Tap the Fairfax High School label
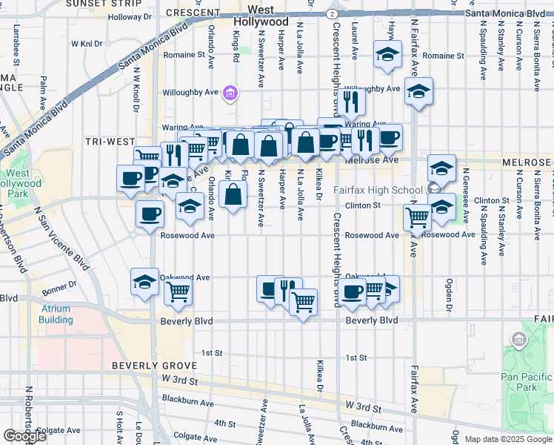coord(378,190)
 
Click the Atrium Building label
coord(56,315)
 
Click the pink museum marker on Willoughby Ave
coord(230,93)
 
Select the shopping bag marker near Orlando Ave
coord(233,196)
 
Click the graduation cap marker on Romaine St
coord(386,55)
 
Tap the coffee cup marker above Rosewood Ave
coord(150,214)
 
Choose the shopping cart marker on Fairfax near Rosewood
coord(417,217)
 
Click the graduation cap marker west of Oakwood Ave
coord(144,282)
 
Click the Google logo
coord(24,436)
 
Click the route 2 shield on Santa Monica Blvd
coord(333,14)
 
